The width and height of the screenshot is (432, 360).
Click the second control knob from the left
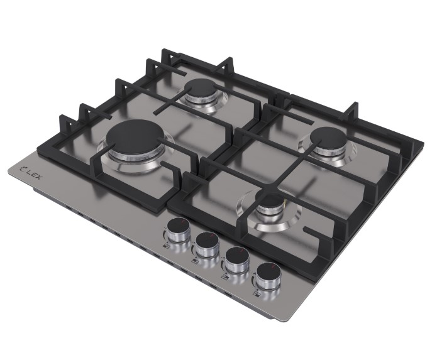pos(207,244)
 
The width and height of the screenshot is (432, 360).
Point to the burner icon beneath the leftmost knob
pos(167,246)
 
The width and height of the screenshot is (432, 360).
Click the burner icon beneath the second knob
pos(195,261)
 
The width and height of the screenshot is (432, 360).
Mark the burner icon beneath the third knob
pos(225,277)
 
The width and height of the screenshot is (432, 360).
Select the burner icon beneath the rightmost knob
pos(256,294)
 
